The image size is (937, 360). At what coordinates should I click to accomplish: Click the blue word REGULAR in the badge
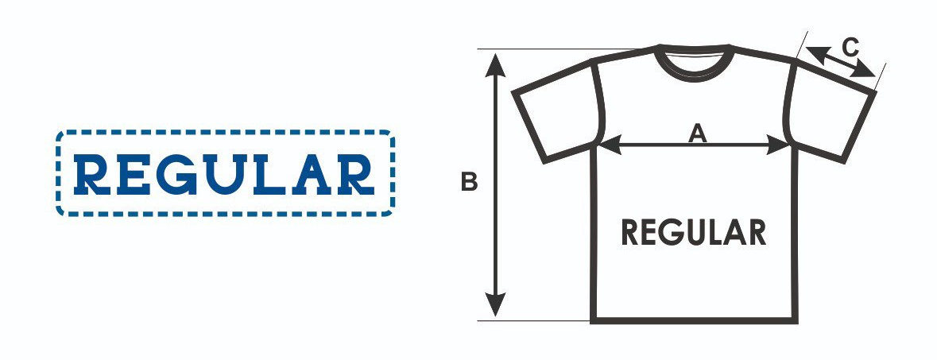click(x=224, y=173)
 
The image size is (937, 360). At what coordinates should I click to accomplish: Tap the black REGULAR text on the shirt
click(x=694, y=232)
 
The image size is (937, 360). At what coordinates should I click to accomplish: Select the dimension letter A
click(x=697, y=134)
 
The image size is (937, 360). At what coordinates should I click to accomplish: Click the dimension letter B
click(x=470, y=183)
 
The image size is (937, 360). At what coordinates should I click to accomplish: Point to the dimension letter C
click(x=850, y=48)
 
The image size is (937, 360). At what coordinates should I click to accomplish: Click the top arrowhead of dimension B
click(x=495, y=62)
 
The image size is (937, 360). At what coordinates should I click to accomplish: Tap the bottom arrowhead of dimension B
click(x=495, y=305)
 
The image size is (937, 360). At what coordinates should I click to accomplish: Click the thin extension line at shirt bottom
click(x=532, y=321)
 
